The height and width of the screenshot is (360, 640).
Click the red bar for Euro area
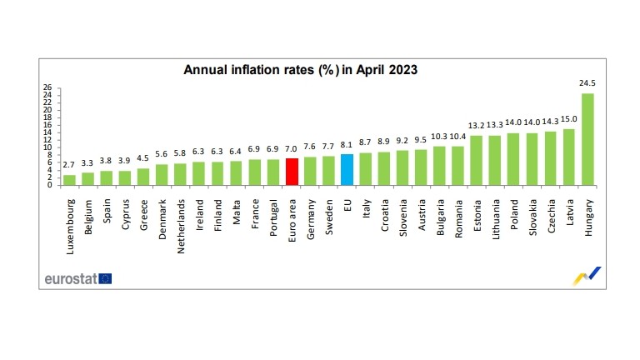point(292,172)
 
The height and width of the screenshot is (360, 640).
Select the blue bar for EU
point(347,169)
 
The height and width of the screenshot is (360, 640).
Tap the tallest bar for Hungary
point(587,139)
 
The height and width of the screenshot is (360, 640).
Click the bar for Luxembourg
point(69,179)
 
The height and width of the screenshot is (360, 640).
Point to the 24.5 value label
point(587,83)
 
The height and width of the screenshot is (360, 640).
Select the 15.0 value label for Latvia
point(569,119)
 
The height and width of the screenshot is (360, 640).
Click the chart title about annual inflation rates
point(300,71)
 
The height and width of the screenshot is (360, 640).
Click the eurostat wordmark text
point(70,277)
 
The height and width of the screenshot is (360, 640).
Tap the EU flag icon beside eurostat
point(105,277)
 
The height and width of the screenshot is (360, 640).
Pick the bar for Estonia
point(477,160)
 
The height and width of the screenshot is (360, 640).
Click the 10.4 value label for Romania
point(458,136)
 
